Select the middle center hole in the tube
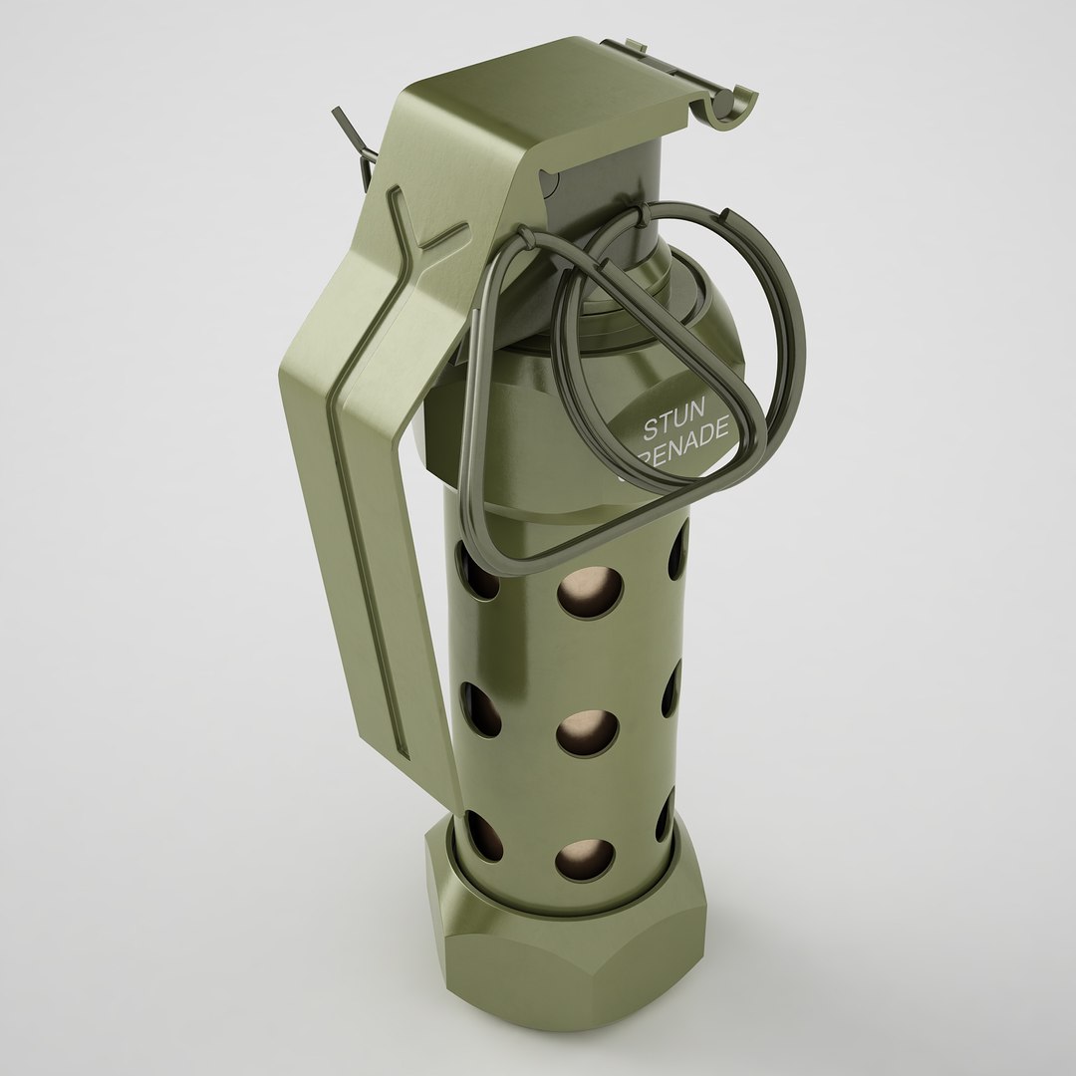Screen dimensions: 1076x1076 tap(584, 732)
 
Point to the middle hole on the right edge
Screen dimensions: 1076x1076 tap(672, 687)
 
